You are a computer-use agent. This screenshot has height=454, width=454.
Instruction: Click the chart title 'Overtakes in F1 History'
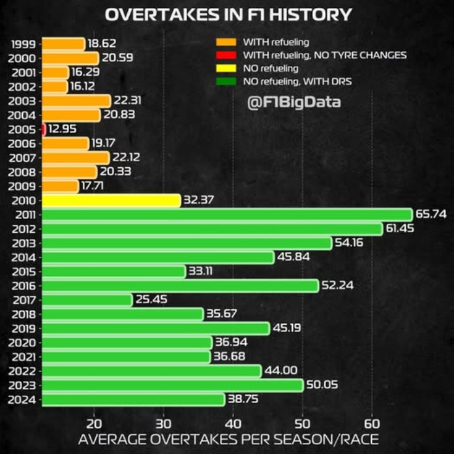click(228, 15)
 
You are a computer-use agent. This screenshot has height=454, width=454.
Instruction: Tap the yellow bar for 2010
click(111, 200)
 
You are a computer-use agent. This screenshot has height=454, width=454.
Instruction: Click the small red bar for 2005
click(44, 129)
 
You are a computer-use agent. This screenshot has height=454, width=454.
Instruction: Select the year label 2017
click(24, 300)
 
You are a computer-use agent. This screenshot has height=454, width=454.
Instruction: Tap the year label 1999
click(24, 44)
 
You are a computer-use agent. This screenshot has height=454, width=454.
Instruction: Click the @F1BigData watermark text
click(294, 102)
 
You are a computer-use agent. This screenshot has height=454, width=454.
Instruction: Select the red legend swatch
click(225, 55)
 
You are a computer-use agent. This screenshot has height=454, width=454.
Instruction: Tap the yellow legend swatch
click(225, 68)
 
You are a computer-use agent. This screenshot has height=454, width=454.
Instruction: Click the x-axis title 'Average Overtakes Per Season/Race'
click(228, 439)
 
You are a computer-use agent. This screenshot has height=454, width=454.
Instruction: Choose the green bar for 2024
click(134, 400)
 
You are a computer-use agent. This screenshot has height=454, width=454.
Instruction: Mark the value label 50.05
click(322, 386)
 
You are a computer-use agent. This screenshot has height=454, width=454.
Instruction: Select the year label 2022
click(24, 371)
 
